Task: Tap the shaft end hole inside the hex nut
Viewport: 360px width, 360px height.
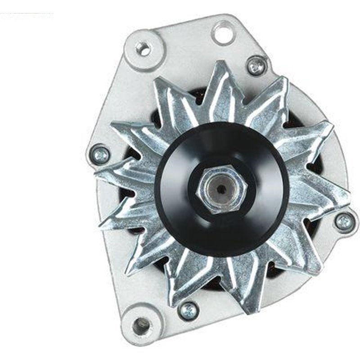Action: [x=220, y=189]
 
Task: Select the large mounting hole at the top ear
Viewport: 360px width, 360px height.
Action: [x=224, y=33]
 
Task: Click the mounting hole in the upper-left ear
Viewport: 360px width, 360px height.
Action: [x=143, y=49]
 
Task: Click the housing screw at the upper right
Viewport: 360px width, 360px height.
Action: [x=256, y=66]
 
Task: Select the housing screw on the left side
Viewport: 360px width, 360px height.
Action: [x=100, y=154]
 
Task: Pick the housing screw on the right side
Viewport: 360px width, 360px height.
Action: [x=344, y=221]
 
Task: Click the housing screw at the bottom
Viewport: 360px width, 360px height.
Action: [x=188, y=310]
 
